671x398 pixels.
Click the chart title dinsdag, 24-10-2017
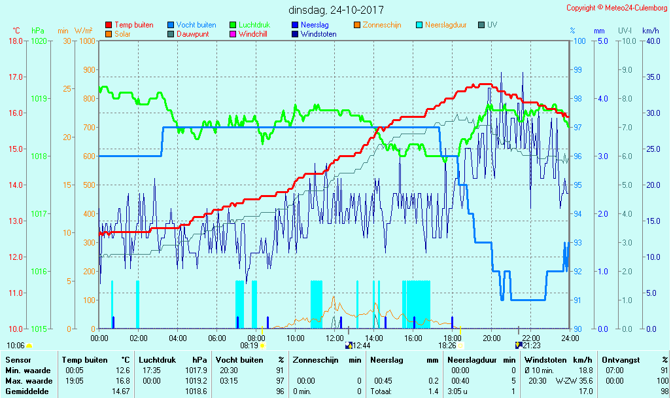pos(336,10)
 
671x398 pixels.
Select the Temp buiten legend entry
pos(133,25)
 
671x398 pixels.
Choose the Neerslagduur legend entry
pos(445,25)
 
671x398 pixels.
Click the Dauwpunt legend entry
pos(193,34)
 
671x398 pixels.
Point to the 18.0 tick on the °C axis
pos(16,41)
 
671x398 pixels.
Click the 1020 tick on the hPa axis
pos(39,41)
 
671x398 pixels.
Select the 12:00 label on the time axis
pos(335,338)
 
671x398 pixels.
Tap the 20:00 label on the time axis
pos(492,338)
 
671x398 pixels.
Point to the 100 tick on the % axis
pos(579,41)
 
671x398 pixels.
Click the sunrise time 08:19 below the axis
pos(249,345)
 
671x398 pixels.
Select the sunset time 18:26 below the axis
pos(447,345)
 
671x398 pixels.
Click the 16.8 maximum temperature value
pos(122,380)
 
